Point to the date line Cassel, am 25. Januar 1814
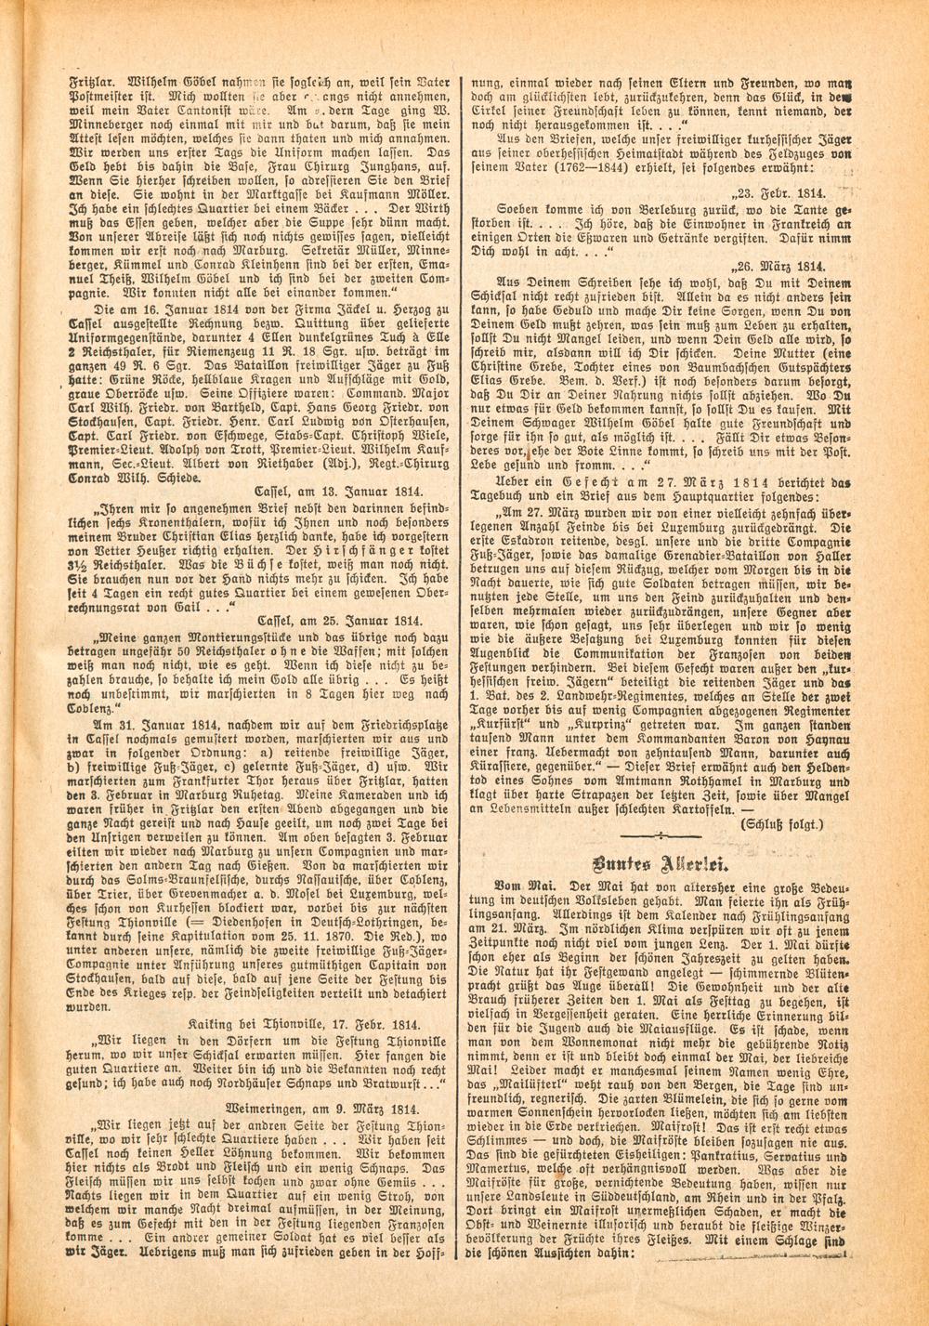tap(338, 620)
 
